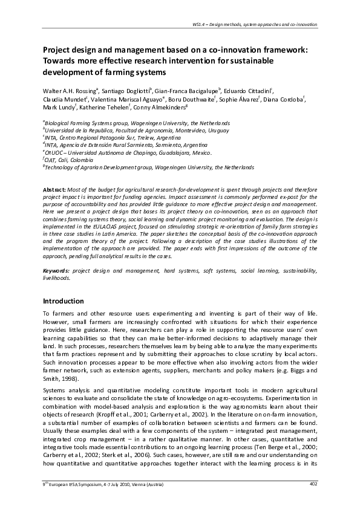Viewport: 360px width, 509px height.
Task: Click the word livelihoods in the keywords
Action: [x=56, y=278]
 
